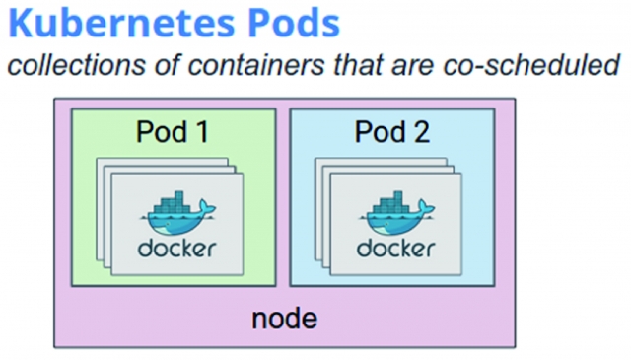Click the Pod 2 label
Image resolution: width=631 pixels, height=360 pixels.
(392, 132)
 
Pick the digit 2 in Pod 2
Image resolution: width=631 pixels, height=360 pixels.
(421, 132)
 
